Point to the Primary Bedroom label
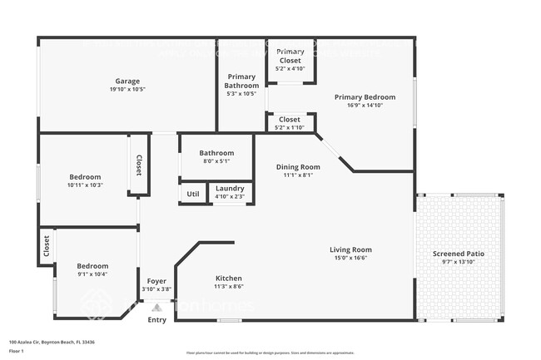360,97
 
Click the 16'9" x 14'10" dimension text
360,106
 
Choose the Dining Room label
298,167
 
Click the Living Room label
350,249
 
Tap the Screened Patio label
459,254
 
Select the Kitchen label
229,278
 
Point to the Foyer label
156,281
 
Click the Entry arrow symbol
156,307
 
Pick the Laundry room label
230,189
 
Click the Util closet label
193,195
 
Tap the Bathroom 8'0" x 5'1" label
216,153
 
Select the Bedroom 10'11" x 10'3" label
85,177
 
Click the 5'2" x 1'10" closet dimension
290,127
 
